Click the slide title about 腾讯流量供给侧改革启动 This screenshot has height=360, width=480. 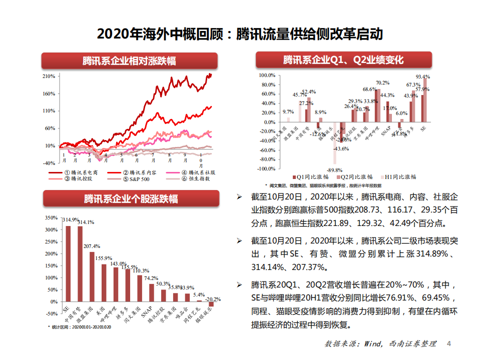pos(240,34)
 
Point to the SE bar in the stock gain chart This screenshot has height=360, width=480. pos(68,265)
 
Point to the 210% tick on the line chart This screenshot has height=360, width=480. pos(49,76)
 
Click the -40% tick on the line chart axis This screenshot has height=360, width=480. pos(49,163)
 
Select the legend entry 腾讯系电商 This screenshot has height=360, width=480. pos(80,172)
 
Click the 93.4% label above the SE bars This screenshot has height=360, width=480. pos(423,76)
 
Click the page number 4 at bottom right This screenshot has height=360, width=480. pos(448,343)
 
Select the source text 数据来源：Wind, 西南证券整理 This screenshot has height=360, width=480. pos(380,344)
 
